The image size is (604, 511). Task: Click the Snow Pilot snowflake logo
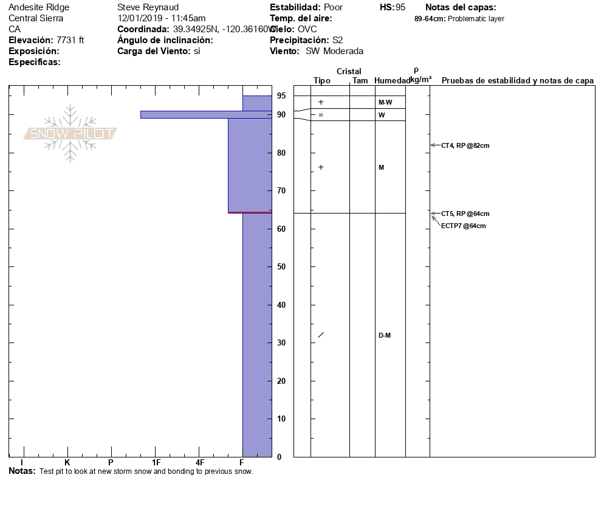click(70, 133)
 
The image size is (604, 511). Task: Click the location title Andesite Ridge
click(39, 7)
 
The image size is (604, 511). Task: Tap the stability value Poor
click(333, 7)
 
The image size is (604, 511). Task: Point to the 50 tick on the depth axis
click(281, 267)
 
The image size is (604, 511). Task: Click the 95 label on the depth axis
click(281, 96)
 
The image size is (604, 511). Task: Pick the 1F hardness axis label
click(156, 463)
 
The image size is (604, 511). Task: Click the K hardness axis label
click(67, 463)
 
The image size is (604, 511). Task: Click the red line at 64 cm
click(250, 212)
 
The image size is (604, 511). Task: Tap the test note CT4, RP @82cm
click(465, 145)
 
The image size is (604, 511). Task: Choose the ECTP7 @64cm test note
click(463, 226)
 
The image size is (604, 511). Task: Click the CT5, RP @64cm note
click(465, 214)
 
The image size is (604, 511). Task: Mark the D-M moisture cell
click(385, 336)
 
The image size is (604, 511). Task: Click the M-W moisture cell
click(385, 103)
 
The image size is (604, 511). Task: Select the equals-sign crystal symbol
click(321, 115)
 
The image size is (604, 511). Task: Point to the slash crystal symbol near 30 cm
click(321, 335)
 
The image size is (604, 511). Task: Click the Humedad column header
click(392, 81)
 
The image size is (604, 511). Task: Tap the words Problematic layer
click(476, 19)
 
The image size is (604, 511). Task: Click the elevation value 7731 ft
click(70, 40)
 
